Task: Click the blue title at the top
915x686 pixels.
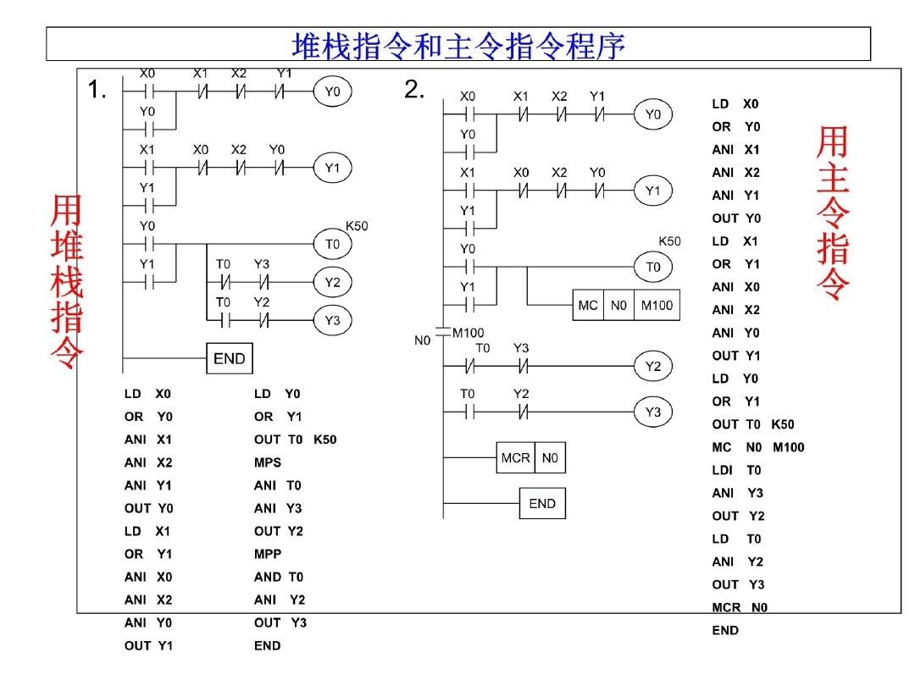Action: click(458, 45)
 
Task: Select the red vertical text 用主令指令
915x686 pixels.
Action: click(832, 213)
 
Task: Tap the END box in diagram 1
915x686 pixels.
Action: click(229, 358)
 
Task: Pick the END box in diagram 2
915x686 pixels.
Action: click(541, 503)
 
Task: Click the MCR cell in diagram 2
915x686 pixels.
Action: click(515, 458)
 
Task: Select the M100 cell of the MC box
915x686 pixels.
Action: click(656, 305)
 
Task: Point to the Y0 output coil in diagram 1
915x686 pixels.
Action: click(331, 92)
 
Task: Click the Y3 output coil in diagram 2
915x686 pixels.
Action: click(652, 412)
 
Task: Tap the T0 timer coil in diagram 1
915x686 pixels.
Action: click(331, 245)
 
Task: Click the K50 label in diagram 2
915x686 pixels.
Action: click(669, 241)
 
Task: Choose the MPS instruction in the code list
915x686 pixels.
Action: click(268, 462)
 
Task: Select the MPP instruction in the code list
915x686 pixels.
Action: click(268, 554)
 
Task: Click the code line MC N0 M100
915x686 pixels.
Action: click(757, 447)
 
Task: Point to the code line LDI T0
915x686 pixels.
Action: click(736, 470)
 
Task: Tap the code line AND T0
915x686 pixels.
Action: click(278, 577)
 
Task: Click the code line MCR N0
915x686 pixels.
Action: click(740, 607)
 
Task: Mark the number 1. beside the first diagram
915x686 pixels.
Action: click(97, 91)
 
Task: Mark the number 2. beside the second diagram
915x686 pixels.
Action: click(414, 90)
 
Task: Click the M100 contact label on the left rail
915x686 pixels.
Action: click(468, 333)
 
